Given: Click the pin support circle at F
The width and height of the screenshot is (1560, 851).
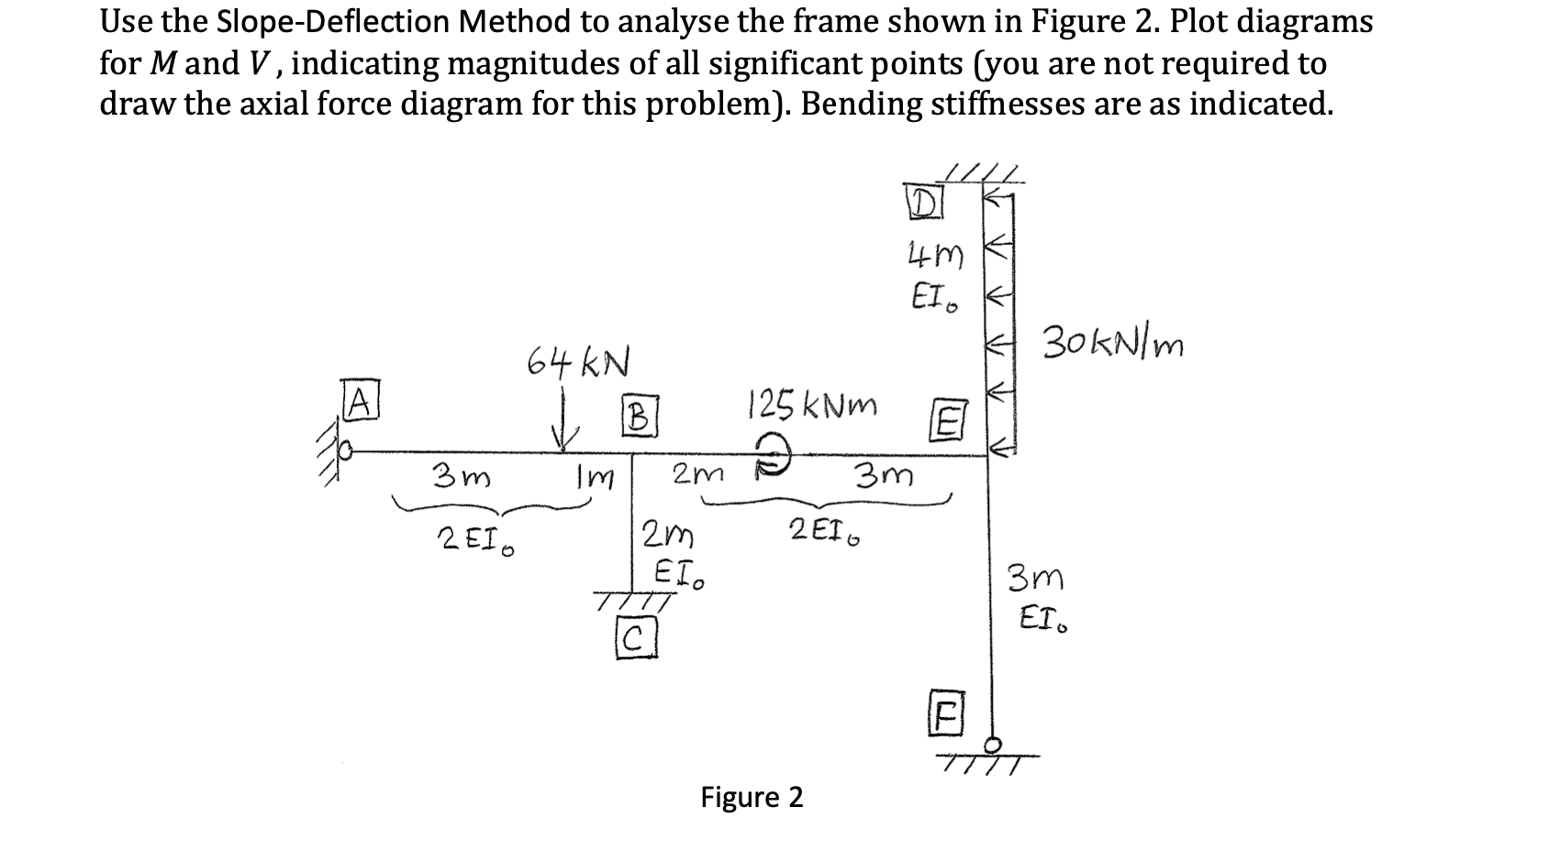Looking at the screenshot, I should [991, 743].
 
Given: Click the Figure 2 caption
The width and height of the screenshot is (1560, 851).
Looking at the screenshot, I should [752, 797].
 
